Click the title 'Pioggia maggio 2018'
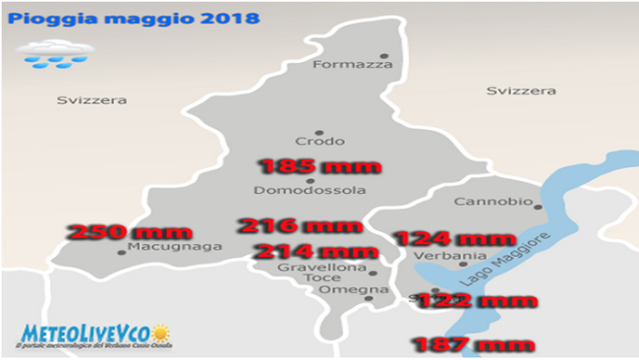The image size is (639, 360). [135, 18]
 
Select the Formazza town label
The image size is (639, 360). [352, 65]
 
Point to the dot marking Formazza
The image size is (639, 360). [384, 55]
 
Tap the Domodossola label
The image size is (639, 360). [310, 190]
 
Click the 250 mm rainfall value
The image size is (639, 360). [115, 233]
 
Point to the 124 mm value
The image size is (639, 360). [453, 238]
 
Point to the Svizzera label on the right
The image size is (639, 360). [521, 90]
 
